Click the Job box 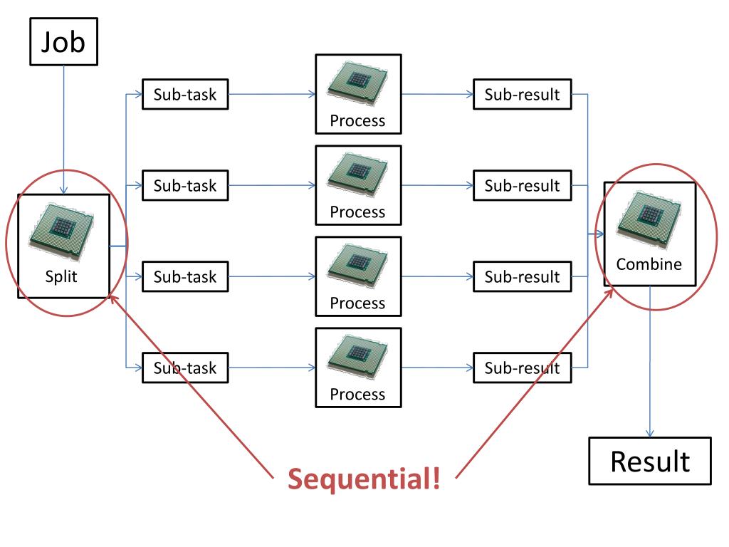(x=63, y=41)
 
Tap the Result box (x=650, y=461)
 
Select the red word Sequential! (x=364, y=479)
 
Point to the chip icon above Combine (x=649, y=219)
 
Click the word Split (x=61, y=277)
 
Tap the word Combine (x=649, y=264)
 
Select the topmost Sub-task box (x=185, y=95)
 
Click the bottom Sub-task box (x=185, y=368)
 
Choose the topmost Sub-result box (x=522, y=95)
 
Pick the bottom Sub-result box (x=522, y=368)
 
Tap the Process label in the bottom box (x=357, y=395)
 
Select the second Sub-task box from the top (x=185, y=186)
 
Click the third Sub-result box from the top (x=522, y=277)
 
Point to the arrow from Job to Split (x=63, y=130)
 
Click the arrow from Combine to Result (x=650, y=362)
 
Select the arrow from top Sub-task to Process (x=272, y=95)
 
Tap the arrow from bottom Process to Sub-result (x=438, y=368)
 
